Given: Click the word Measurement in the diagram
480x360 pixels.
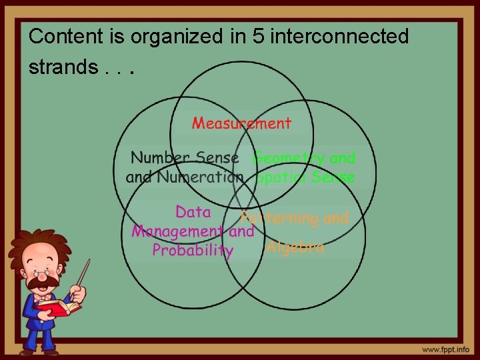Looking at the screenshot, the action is pyautogui.click(x=241, y=123).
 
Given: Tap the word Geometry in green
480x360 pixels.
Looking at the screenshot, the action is pyautogui.click(x=289, y=158).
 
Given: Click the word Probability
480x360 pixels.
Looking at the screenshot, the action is pyautogui.click(x=193, y=251).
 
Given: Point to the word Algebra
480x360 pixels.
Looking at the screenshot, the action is pyautogui.click(x=295, y=247).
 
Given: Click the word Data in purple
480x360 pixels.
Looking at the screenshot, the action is pyautogui.click(x=193, y=213).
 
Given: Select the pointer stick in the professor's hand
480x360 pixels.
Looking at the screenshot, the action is pyautogui.click(x=83, y=275).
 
